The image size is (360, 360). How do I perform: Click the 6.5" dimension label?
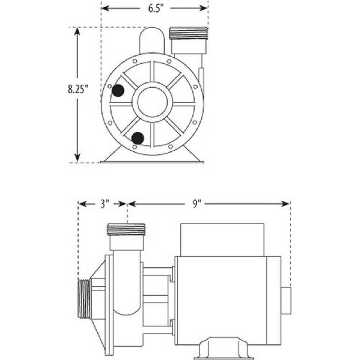coord(154,8)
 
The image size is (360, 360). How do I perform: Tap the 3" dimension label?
coord(104,204)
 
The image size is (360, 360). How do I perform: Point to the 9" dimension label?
coord(196,204)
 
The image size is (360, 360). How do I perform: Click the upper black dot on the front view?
coord(118,90)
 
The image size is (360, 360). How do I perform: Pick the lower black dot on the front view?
coord(138,138)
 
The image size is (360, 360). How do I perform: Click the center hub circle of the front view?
coord(152,101)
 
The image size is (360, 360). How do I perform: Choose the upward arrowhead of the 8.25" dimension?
coord(78,31)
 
